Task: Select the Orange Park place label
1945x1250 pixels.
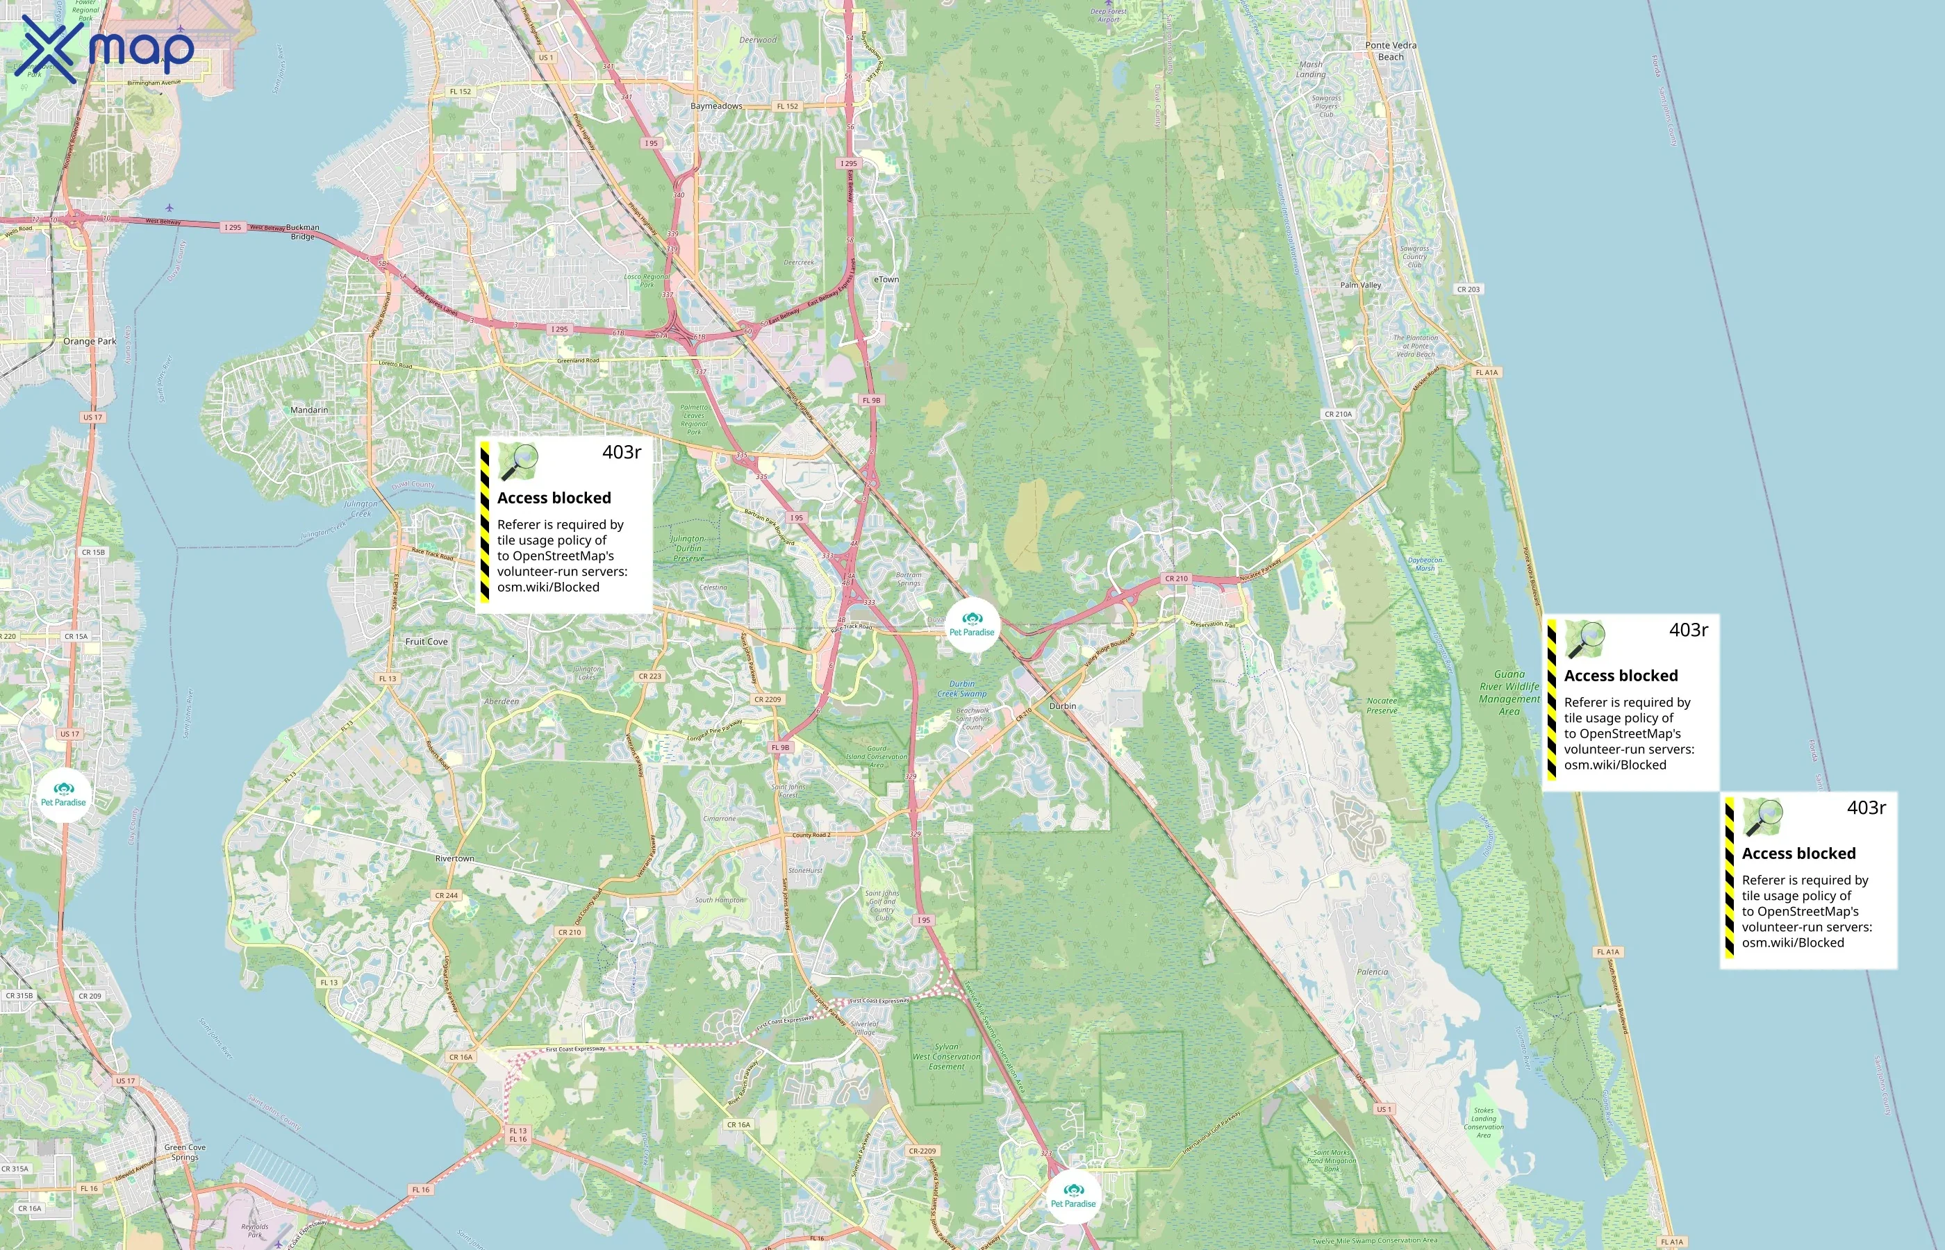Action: pyautogui.click(x=90, y=342)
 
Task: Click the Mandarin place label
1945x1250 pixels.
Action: pyautogui.click(x=309, y=410)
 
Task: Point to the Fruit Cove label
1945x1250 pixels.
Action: pyautogui.click(x=427, y=641)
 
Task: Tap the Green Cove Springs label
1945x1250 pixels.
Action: pyautogui.click(x=185, y=1152)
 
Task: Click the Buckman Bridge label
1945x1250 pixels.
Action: pyautogui.click(x=303, y=232)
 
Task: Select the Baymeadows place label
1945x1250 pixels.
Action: pyautogui.click(x=716, y=106)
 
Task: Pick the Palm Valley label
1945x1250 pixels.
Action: pyautogui.click(x=1361, y=285)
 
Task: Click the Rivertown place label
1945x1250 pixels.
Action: pyautogui.click(x=454, y=858)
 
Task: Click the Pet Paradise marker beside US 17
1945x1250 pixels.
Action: pyautogui.click(x=63, y=794)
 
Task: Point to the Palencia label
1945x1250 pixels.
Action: pyautogui.click(x=1372, y=972)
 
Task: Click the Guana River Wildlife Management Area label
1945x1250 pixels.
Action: pyautogui.click(x=1509, y=692)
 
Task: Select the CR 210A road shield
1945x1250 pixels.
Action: pyautogui.click(x=1339, y=414)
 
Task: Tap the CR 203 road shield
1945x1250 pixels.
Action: pyautogui.click(x=1468, y=289)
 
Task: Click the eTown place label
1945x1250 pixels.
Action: pyautogui.click(x=886, y=279)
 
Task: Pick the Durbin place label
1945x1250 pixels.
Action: pyautogui.click(x=1063, y=706)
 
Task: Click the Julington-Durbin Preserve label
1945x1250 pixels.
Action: pyautogui.click(x=688, y=548)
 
